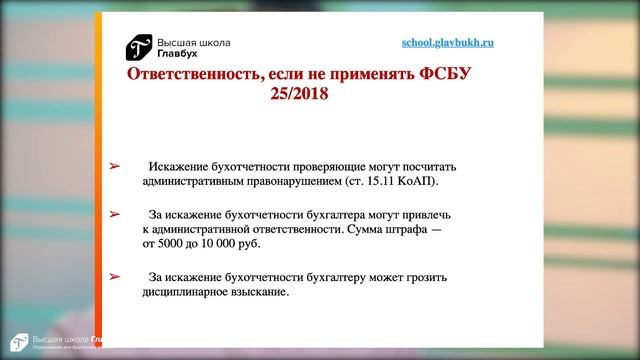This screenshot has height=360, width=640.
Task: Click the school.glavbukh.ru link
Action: click(447, 44)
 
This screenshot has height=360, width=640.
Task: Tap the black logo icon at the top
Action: click(138, 47)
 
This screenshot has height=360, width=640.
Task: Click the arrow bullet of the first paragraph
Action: click(114, 166)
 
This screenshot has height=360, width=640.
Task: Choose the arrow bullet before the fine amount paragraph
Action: click(114, 213)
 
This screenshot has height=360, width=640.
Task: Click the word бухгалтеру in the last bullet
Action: click(350, 276)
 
